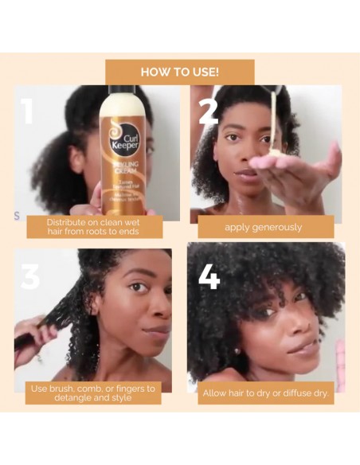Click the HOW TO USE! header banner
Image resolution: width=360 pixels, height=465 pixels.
(x=180, y=72)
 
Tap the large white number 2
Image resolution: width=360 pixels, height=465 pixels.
(x=208, y=112)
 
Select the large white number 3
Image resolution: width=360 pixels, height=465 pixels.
(x=30, y=275)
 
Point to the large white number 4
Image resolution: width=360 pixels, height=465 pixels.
(x=209, y=275)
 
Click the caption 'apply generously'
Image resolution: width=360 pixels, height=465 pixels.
(x=263, y=227)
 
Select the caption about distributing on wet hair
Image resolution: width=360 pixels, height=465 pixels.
(x=92, y=226)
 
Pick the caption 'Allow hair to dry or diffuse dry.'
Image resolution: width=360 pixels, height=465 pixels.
(x=265, y=393)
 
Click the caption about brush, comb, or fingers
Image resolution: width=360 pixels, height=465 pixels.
(x=92, y=393)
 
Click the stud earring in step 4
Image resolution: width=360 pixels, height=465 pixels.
(x=237, y=350)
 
